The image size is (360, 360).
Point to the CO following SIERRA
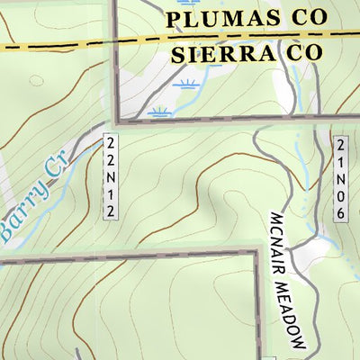[300, 53]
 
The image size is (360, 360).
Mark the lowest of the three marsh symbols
[161, 112]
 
